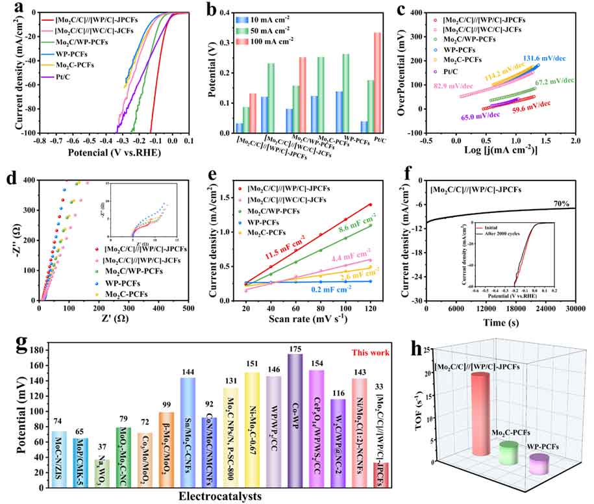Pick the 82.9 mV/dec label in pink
(x=456, y=86)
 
